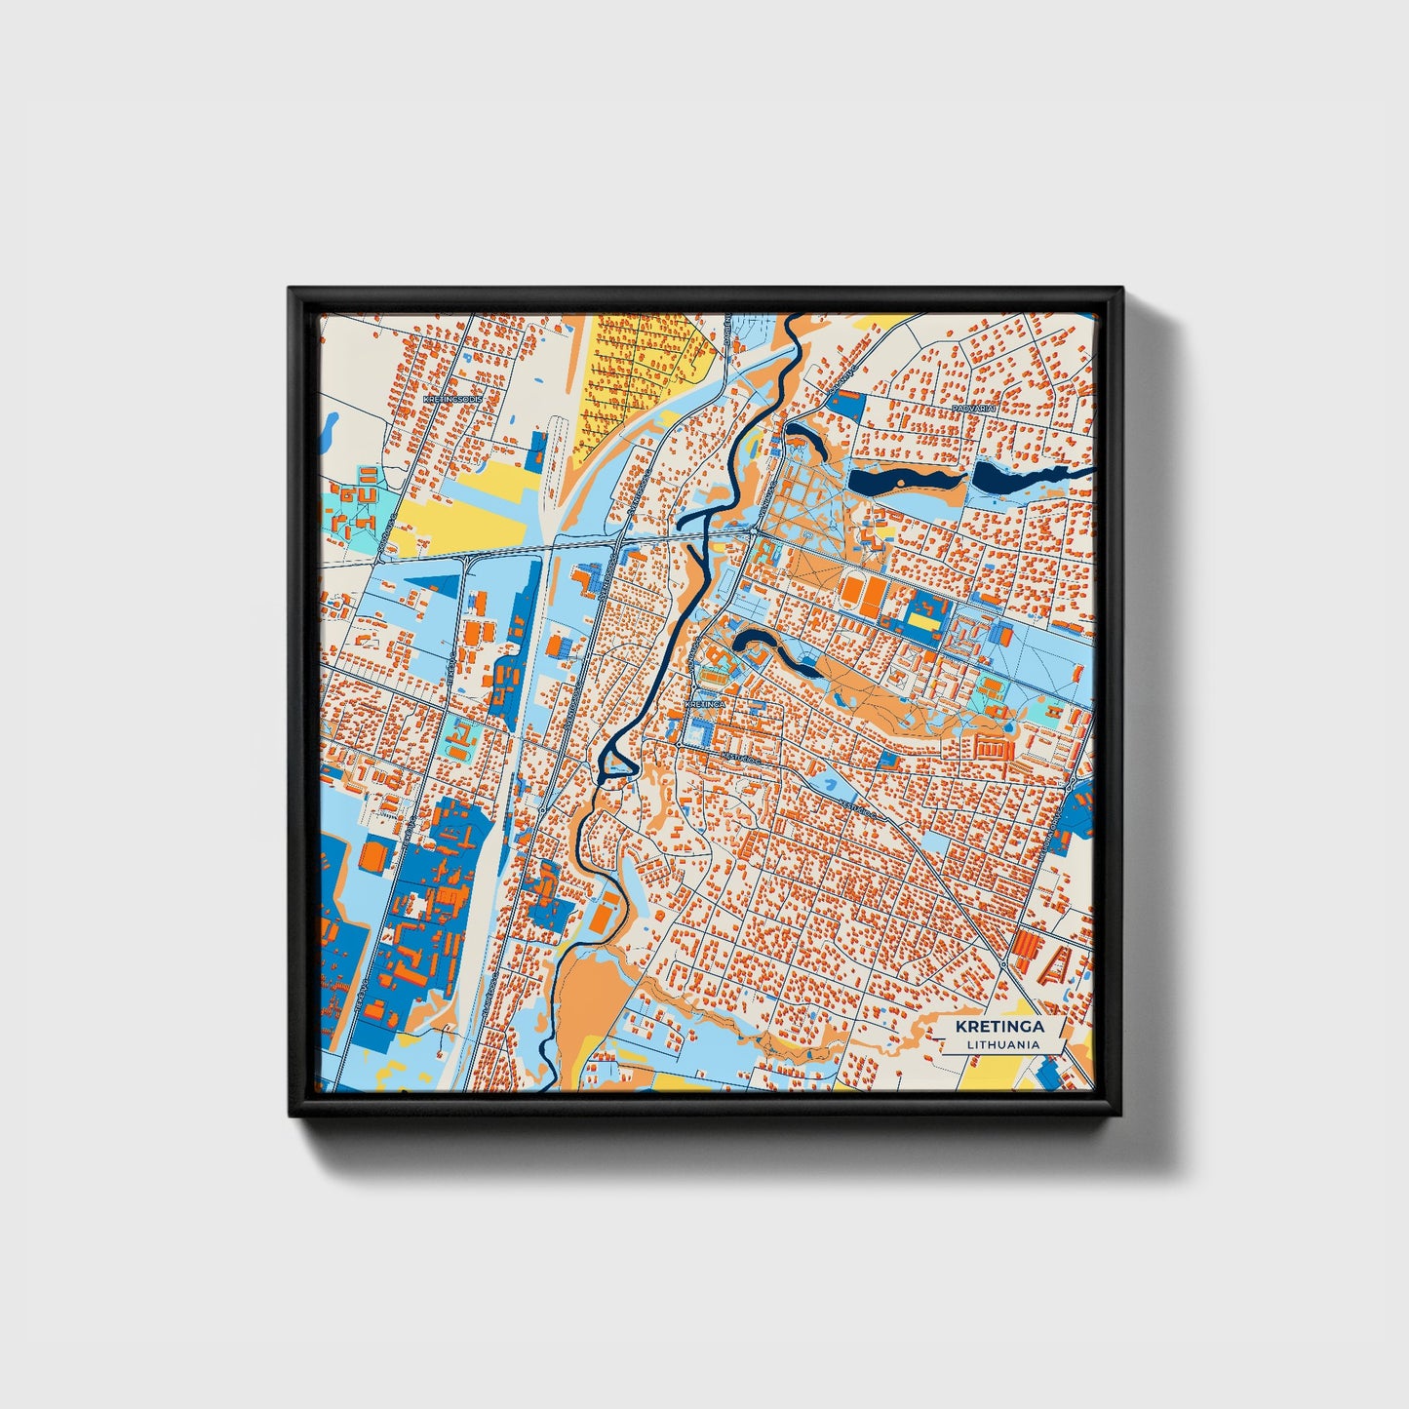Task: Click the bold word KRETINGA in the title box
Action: pyautogui.click(x=999, y=1026)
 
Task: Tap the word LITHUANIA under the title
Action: pyautogui.click(x=1002, y=1044)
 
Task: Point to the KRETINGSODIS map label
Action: pyautogui.click(x=453, y=399)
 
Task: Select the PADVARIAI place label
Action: pyautogui.click(x=973, y=408)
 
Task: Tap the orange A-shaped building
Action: pyautogui.click(x=1057, y=964)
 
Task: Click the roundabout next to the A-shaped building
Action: pyautogui.click(x=1003, y=965)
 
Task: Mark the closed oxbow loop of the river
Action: pyautogui.click(x=616, y=759)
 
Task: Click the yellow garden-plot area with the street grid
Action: pyautogui.click(x=639, y=375)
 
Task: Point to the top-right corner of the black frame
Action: pyautogui.click(x=1121, y=289)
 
